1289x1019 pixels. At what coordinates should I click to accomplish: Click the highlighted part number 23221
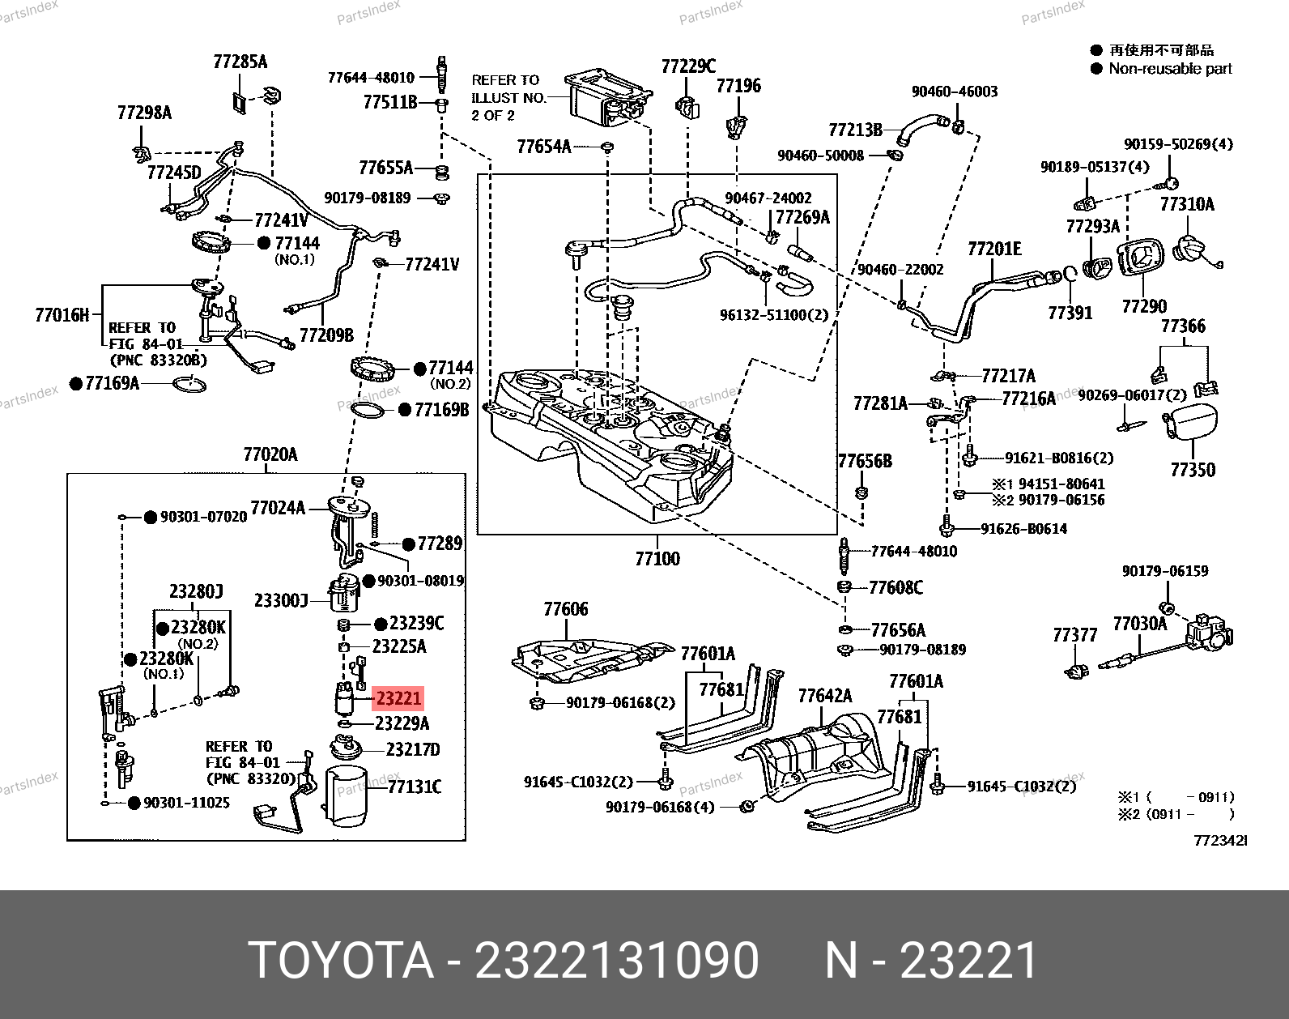[398, 697]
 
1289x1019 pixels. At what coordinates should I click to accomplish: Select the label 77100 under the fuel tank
[657, 558]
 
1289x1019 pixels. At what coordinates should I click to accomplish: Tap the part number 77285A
[240, 62]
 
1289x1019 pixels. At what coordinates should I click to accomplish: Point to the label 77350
[1192, 470]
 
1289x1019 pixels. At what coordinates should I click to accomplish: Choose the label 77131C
[414, 787]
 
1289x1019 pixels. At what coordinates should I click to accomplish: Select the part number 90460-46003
[955, 92]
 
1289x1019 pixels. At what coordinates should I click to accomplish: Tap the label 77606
[565, 609]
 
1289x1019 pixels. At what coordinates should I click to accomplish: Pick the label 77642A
[824, 696]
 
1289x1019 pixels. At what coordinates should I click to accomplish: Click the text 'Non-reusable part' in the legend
[1170, 69]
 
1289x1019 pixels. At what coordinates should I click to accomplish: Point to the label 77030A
[1139, 624]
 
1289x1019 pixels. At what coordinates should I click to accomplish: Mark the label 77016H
[62, 315]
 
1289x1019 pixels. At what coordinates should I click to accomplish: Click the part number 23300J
[280, 600]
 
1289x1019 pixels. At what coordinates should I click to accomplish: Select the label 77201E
[994, 249]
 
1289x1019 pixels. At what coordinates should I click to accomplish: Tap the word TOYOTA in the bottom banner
[341, 961]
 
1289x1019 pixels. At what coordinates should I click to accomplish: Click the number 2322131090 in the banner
[616, 961]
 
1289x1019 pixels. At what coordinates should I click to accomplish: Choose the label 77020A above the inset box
[270, 454]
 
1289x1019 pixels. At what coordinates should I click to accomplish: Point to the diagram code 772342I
[1220, 841]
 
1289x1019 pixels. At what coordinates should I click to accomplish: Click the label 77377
[1074, 635]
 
